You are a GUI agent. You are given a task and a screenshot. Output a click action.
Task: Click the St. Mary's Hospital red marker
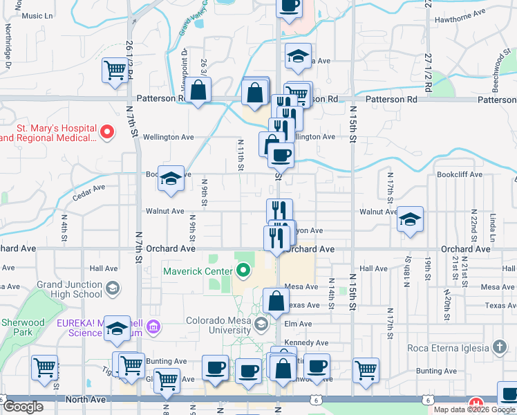[106, 131]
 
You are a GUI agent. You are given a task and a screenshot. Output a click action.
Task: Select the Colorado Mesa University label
[219, 320]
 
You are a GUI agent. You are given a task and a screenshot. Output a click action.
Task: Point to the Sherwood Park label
[23, 327]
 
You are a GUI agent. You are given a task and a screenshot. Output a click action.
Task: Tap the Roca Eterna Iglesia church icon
[500, 348]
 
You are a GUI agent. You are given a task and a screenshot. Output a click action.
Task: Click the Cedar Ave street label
[88, 187]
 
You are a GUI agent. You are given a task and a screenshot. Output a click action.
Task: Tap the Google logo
[23, 407]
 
